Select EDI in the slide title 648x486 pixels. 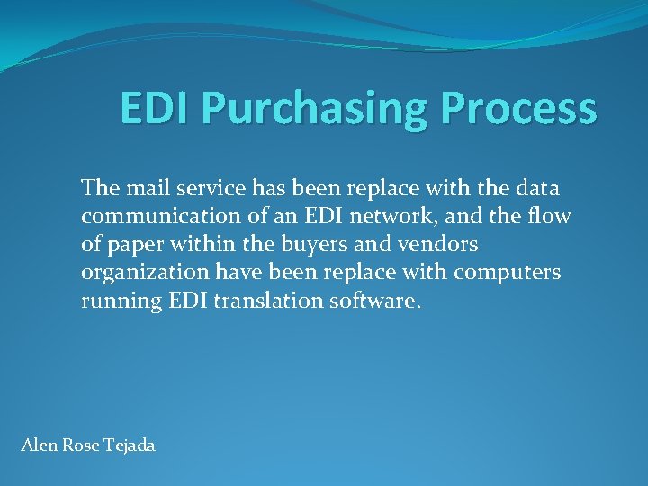(157, 110)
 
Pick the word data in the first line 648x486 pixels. (536, 188)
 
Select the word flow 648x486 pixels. (552, 216)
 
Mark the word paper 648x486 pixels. (137, 244)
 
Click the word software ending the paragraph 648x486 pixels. (377, 301)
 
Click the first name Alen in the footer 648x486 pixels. (37, 445)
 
